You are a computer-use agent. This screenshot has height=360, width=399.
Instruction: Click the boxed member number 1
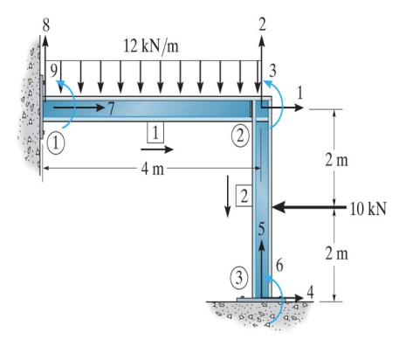coord(155,133)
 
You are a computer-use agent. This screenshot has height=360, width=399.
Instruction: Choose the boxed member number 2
coord(244,194)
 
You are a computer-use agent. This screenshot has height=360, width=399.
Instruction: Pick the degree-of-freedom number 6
coord(279,263)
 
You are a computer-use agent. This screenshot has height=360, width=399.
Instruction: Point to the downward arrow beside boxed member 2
coord(228,197)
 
